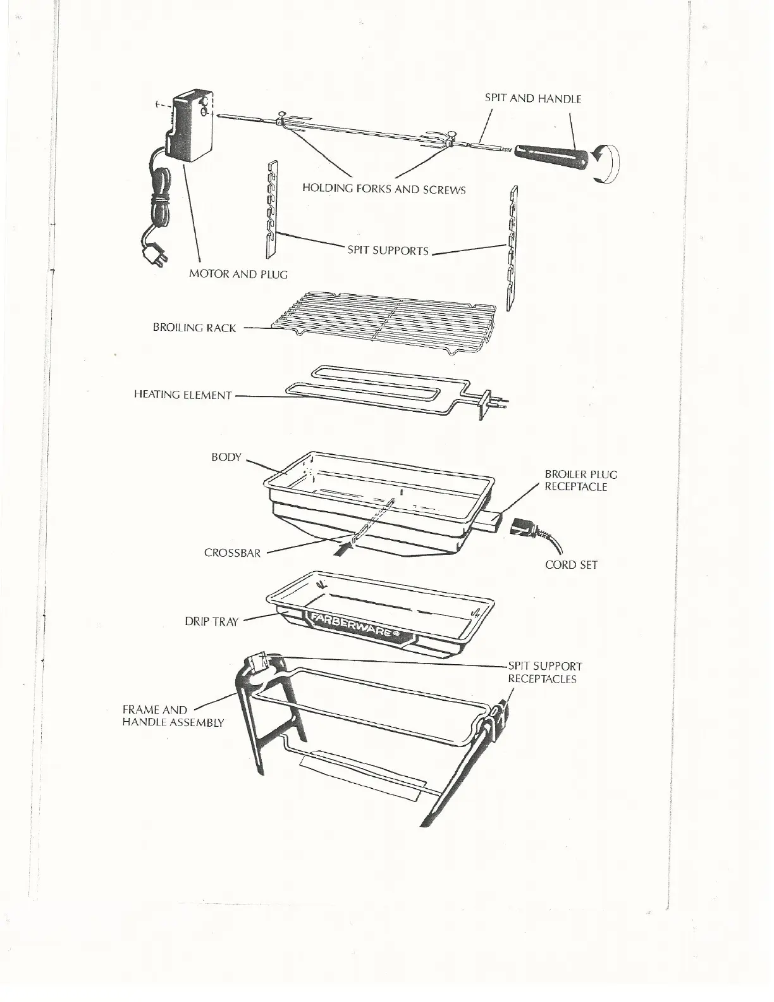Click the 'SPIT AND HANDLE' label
pos(532,99)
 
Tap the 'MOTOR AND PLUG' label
pos(238,275)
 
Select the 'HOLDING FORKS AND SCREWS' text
pos(383,189)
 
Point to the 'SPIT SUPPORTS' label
pos(388,250)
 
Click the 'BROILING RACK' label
pos(194,328)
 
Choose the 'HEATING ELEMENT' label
pos(183,395)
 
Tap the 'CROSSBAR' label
pos(232,553)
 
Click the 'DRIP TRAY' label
pos(211,622)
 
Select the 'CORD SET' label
pos(571,565)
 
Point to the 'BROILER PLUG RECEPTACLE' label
pos(580,481)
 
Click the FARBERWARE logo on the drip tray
pos(354,626)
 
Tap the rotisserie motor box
pos(191,127)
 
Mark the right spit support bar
pos(511,247)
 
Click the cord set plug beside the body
pos(524,528)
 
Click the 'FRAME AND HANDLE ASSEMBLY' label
pos(172,716)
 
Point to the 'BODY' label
pos(226,457)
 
